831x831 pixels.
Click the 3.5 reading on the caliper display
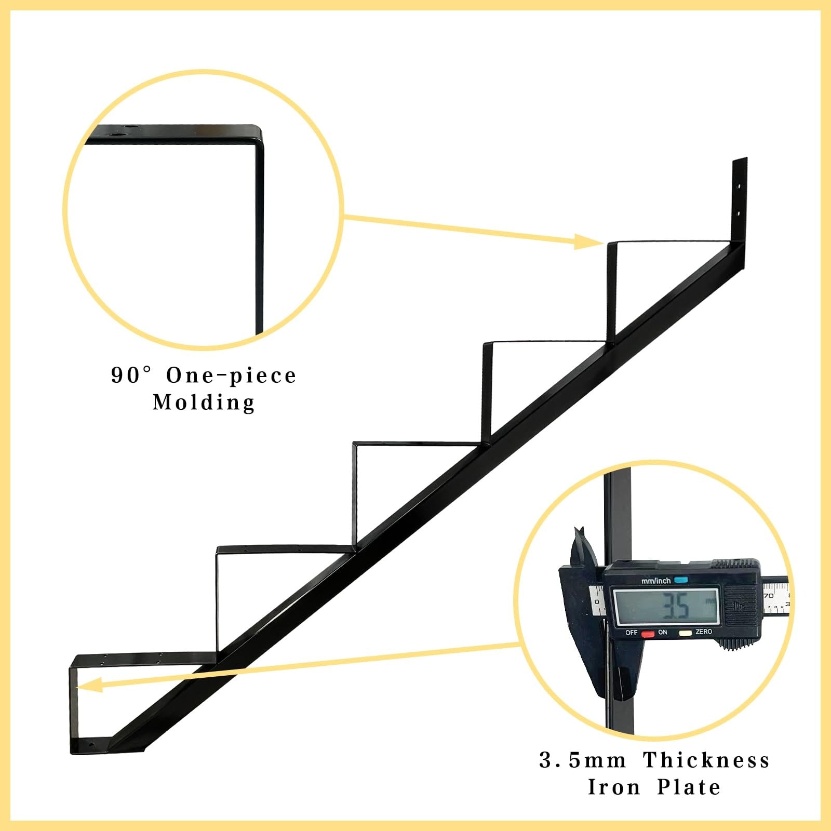(x=676, y=606)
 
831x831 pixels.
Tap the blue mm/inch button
(x=680, y=580)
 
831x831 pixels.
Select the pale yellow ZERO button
(x=685, y=633)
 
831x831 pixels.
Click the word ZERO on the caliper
(x=704, y=632)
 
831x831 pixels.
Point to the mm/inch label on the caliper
(x=656, y=581)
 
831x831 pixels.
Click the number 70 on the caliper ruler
(x=768, y=595)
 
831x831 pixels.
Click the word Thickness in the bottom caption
(x=706, y=760)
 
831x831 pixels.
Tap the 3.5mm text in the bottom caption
(x=583, y=760)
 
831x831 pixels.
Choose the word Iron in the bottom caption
(x=613, y=787)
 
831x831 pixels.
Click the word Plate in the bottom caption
(x=689, y=787)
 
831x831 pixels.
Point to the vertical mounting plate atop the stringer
(x=740, y=203)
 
